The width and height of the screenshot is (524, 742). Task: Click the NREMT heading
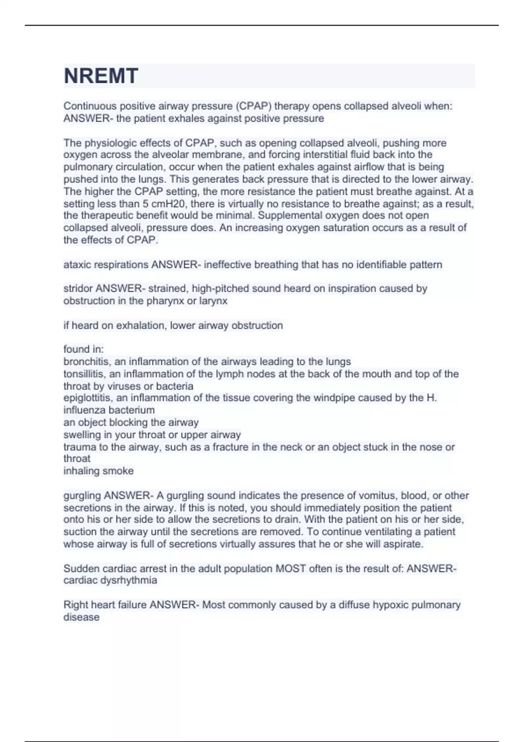click(101, 76)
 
